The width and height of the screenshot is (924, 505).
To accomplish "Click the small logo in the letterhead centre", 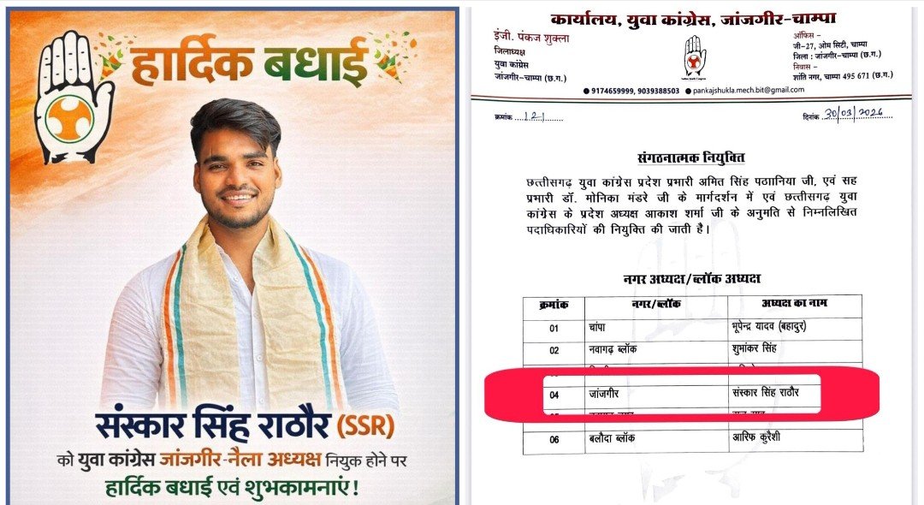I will click(695, 56).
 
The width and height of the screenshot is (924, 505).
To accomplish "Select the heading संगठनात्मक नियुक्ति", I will click(691, 158).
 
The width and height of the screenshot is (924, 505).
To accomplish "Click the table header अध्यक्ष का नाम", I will click(794, 305).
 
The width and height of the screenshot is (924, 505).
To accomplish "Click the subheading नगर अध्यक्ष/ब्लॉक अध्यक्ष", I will click(691, 279).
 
